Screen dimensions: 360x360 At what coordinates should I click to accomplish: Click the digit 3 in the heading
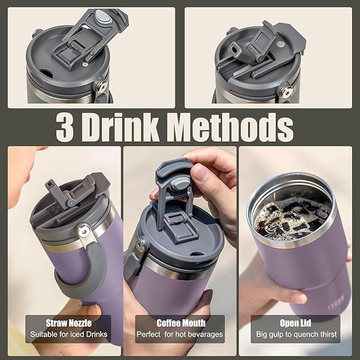(x=65, y=127)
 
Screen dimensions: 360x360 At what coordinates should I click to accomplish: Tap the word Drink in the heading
(x=121, y=127)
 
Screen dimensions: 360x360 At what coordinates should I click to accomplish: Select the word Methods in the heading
(x=231, y=127)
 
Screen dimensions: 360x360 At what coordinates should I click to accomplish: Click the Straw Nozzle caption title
(x=68, y=323)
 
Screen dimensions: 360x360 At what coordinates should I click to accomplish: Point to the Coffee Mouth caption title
(x=181, y=323)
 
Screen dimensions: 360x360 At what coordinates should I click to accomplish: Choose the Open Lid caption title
(x=295, y=323)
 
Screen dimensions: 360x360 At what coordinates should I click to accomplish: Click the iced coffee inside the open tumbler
(x=293, y=218)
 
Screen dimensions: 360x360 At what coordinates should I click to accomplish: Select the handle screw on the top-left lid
(x=101, y=86)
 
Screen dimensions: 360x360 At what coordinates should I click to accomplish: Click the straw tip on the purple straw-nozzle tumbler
(x=49, y=183)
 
